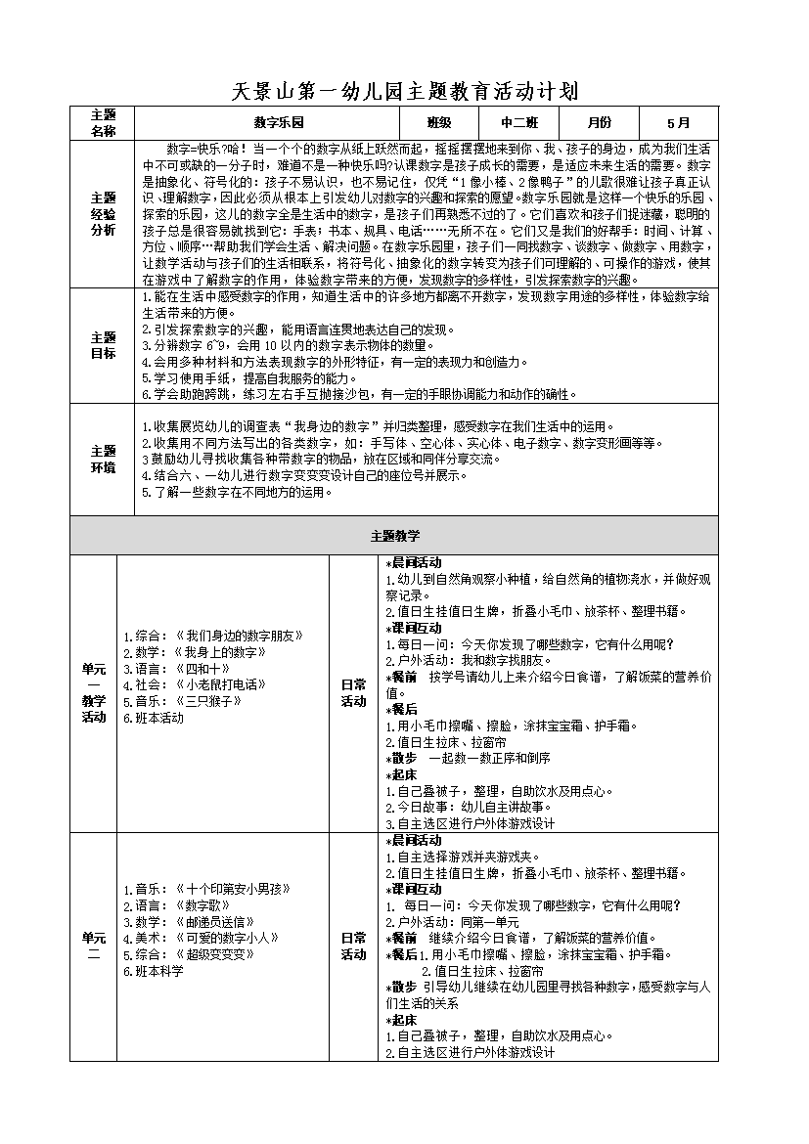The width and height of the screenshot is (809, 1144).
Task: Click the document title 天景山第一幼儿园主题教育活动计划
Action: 404,92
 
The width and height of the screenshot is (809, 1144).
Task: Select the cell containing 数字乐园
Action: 279,123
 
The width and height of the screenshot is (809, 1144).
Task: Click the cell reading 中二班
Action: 519,123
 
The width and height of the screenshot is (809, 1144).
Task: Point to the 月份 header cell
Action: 599,123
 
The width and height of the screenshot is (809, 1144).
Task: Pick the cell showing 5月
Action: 678,123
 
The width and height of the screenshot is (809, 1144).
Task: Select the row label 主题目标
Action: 103,345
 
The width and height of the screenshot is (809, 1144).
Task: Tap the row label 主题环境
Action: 103,460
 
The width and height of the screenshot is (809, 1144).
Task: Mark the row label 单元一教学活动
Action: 93,692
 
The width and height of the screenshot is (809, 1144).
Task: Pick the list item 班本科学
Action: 154,971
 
